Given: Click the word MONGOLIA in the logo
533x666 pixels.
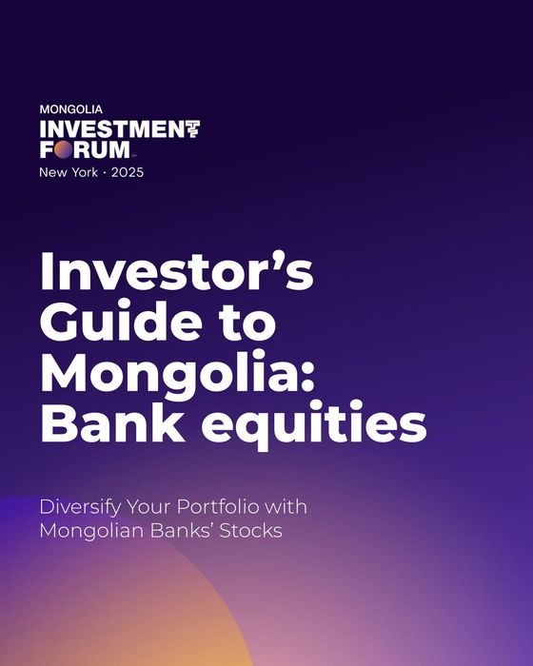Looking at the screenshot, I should tap(71, 109).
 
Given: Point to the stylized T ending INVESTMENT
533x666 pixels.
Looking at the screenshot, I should tap(191, 129).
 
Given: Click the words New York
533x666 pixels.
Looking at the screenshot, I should tap(69, 172).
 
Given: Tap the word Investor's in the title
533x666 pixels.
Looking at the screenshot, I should tap(176, 274).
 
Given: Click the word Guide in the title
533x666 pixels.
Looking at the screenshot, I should tap(112, 323).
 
